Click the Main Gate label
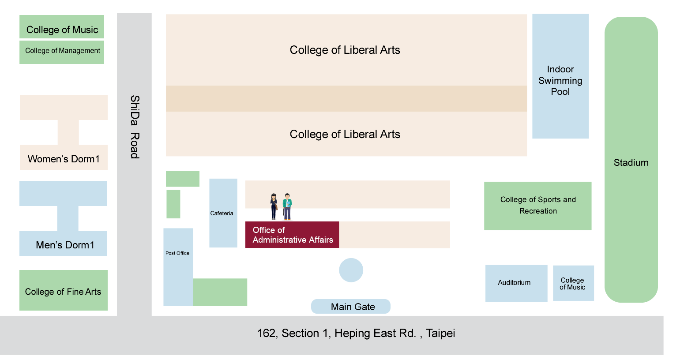pyautogui.click(x=353, y=307)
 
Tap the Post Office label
pyautogui.click(x=177, y=253)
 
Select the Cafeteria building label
pyautogui.click(x=222, y=214)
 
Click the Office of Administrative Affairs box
pyautogui.click(x=292, y=235)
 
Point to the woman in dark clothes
pyautogui.click(x=274, y=206)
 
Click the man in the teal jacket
pyautogui.click(x=287, y=206)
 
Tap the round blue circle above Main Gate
pyautogui.click(x=351, y=270)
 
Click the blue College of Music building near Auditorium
pyautogui.click(x=573, y=283)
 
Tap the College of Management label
pyautogui.click(x=62, y=51)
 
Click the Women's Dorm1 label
pyautogui.click(x=64, y=159)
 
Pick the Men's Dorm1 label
pyautogui.click(x=65, y=245)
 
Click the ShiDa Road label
pyautogui.click(x=135, y=127)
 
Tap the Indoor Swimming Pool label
pyautogui.click(x=560, y=80)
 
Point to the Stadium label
pyautogui.click(x=631, y=162)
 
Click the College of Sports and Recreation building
pyautogui.click(x=537, y=206)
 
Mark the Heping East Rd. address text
pyautogui.click(x=356, y=333)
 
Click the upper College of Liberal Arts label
pyautogui.click(x=345, y=50)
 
